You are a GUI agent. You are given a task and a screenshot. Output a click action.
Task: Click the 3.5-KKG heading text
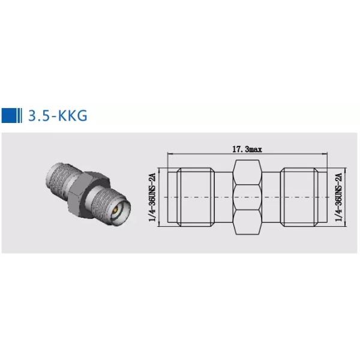pyautogui.click(x=58, y=115)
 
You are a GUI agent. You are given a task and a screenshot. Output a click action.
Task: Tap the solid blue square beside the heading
pyautogui.click(x=10, y=115)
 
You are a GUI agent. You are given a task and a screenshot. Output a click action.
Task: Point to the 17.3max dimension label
pyautogui.click(x=247, y=149)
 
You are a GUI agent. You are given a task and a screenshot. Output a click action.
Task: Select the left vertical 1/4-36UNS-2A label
pyautogui.click(x=152, y=197)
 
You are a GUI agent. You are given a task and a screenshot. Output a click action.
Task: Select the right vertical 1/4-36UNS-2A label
pyautogui.click(x=339, y=197)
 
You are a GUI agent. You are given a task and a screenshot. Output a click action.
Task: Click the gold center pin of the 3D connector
pyautogui.click(x=116, y=209)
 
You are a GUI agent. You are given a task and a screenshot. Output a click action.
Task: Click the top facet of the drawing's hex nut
pyautogui.click(x=247, y=172)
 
